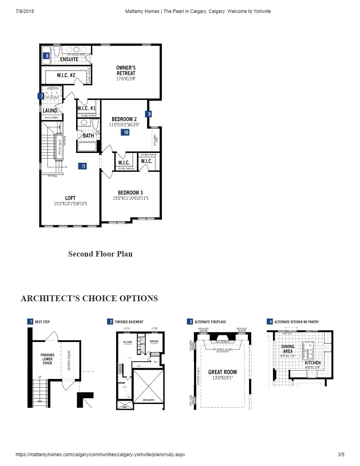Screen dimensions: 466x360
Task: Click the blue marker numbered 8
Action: point(47,56)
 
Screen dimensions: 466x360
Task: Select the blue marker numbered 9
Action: point(148,114)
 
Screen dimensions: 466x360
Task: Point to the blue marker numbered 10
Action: point(125,133)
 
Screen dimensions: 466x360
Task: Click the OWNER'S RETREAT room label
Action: point(126,71)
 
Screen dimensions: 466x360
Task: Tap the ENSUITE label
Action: point(69,60)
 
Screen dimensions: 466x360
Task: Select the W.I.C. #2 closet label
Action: point(66,75)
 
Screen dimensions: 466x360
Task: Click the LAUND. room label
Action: point(51,111)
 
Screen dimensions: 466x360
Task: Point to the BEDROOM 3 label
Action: point(131,193)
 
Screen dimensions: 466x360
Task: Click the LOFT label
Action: point(70,198)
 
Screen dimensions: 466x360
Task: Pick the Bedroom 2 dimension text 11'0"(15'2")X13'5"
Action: point(124,125)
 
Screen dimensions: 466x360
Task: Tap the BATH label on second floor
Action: point(88,136)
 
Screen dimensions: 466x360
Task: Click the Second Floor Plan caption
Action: point(100,254)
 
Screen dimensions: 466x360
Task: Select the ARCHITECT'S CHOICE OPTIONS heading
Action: point(89,299)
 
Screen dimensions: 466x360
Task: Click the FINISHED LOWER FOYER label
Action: point(47,359)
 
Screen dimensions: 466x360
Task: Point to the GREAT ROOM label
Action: point(222,372)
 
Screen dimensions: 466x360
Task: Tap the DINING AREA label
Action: point(288,349)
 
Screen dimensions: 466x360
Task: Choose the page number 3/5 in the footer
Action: point(341,455)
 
